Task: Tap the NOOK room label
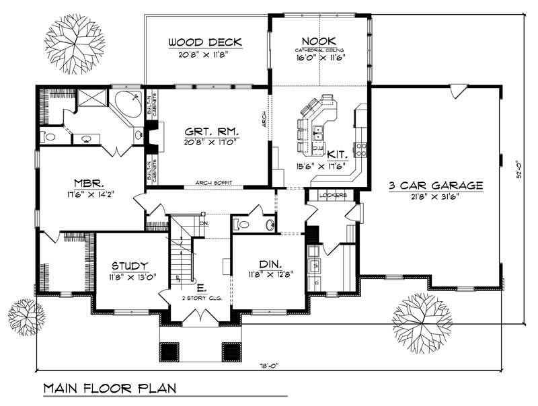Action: (319, 40)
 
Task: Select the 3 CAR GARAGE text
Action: (436, 185)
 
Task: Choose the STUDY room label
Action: (130, 266)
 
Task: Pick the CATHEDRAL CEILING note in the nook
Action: (319, 50)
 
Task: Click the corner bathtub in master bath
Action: (128, 104)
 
